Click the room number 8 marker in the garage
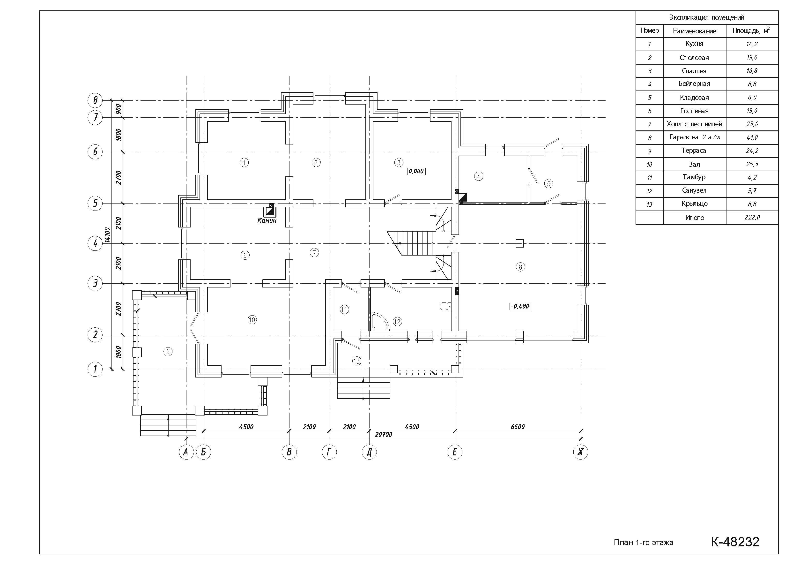(x=520, y=267)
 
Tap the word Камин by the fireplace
(x=267, y=220)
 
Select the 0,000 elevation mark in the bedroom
(x=416, y=171)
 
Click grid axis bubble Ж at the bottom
(x=580, y=452)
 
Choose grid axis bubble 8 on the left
(x=95, y=100)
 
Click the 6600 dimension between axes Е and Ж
(x=518, y=427)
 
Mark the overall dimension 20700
(x=383, y=435)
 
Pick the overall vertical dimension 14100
(x=107, y=235)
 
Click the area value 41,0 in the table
(x=752, y=137)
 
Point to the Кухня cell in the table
(x=694, y=44)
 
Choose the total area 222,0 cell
(x=752, y=218)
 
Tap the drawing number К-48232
(x=735, y=542)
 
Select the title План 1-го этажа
(x=644, y=543)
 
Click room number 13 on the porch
(x=356, y=361)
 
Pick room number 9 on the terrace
(x=168, y=352)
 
